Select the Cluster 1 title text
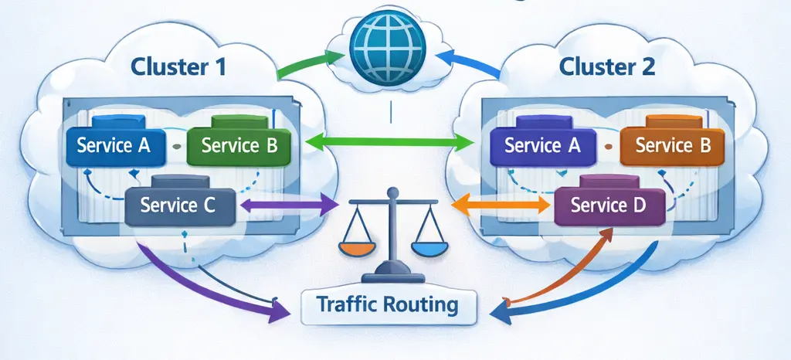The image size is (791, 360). click(178, 66)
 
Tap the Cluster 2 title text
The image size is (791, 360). click(607, 66)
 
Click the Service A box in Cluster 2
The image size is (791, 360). click(543, 145)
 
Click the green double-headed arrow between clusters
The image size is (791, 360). click(390, 142)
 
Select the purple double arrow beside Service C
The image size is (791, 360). click(290, 205)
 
